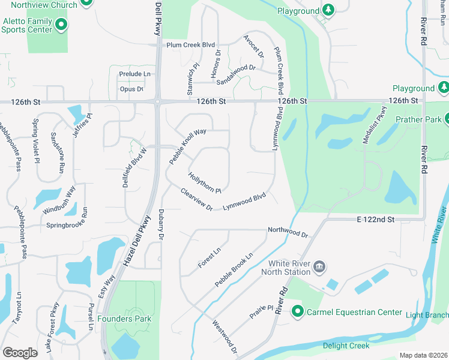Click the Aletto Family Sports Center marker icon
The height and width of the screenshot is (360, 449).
pyautogui.click(x=61, y=25)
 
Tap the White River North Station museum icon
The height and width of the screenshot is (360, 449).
pyautogui.click(x=319, y=266)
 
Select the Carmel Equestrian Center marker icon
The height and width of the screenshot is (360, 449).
pyautogui.click(x=297, y=311)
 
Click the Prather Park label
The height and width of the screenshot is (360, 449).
pyautogui.click(x=418, y=119)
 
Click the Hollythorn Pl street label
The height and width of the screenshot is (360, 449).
pyautogui.click(x=205, y=182)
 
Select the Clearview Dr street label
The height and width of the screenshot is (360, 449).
pyautogui.click(x=196, y=199)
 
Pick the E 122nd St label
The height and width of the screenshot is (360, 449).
pyautogui.click(x=375, y=220)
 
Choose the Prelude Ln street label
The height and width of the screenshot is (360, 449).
pyautogui.click(x=135, y=74)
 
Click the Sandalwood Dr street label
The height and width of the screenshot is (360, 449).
pyautogui.click(x=236, y=74)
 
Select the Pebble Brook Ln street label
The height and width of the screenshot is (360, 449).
pyautogui.click(x=234, y=269)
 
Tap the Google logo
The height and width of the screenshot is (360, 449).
pyautogui.click(x=20, y=353)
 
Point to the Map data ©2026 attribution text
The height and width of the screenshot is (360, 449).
pyautogui.click(x=423, y=355)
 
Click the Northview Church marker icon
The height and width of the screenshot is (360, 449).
pyautogui.click(x=86, y=2)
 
